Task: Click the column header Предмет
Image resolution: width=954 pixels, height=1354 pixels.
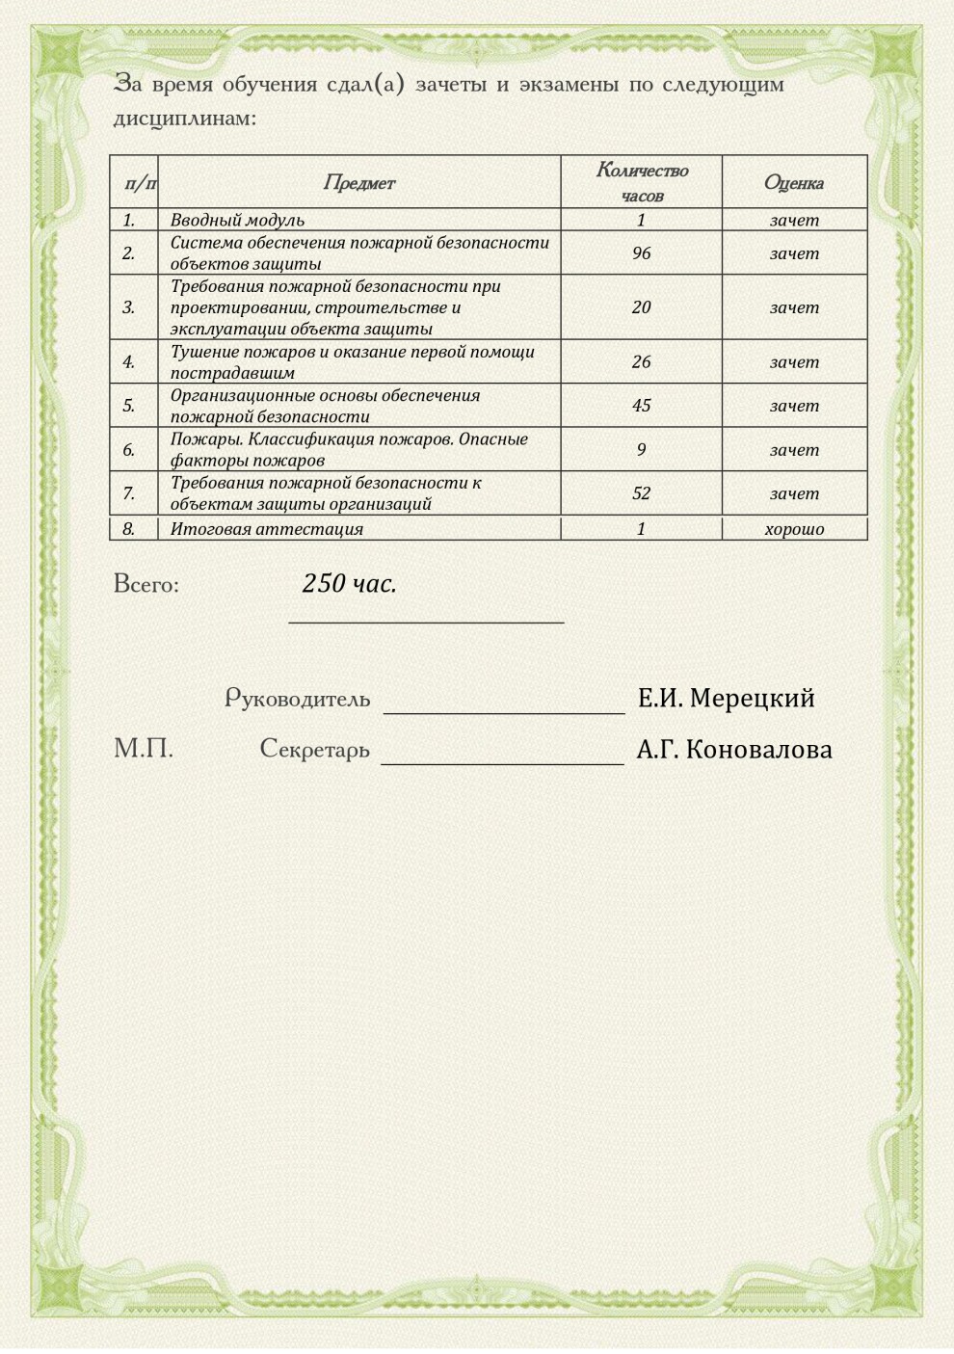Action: (358, 182)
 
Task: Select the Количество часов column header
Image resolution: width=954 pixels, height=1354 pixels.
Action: (642, 182)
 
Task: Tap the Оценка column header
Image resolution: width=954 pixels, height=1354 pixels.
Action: (794, 182)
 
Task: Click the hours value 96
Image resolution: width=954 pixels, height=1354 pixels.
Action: (642, 252)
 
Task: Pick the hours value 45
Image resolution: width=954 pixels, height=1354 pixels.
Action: (642, 405)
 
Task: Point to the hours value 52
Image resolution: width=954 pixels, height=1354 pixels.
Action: (642, 492)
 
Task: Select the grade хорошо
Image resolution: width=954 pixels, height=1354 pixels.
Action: (794, 528)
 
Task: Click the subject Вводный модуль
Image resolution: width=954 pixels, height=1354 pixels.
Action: (237, 220)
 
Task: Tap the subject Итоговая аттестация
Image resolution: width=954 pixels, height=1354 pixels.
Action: (267, 528)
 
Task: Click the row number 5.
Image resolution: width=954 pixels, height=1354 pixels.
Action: (129, 405)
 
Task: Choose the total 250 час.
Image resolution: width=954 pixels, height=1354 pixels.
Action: (349, 583)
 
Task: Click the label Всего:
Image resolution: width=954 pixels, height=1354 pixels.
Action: (146, 584)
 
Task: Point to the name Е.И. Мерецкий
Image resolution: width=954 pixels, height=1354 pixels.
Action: (727, 698)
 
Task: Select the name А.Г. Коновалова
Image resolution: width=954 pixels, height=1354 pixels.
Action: (734, 749)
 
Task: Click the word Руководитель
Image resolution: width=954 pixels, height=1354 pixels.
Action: (297, 699)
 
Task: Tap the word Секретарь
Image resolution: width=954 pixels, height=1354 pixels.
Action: (314, 749)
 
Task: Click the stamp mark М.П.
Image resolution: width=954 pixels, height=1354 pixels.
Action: (144, 749)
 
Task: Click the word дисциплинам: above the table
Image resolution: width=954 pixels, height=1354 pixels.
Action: (185, 119)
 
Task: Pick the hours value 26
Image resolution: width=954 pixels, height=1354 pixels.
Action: (642, 361)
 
